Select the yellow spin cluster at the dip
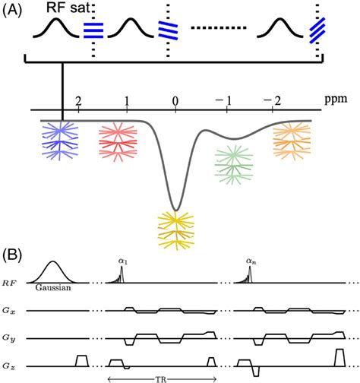point(176,229)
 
